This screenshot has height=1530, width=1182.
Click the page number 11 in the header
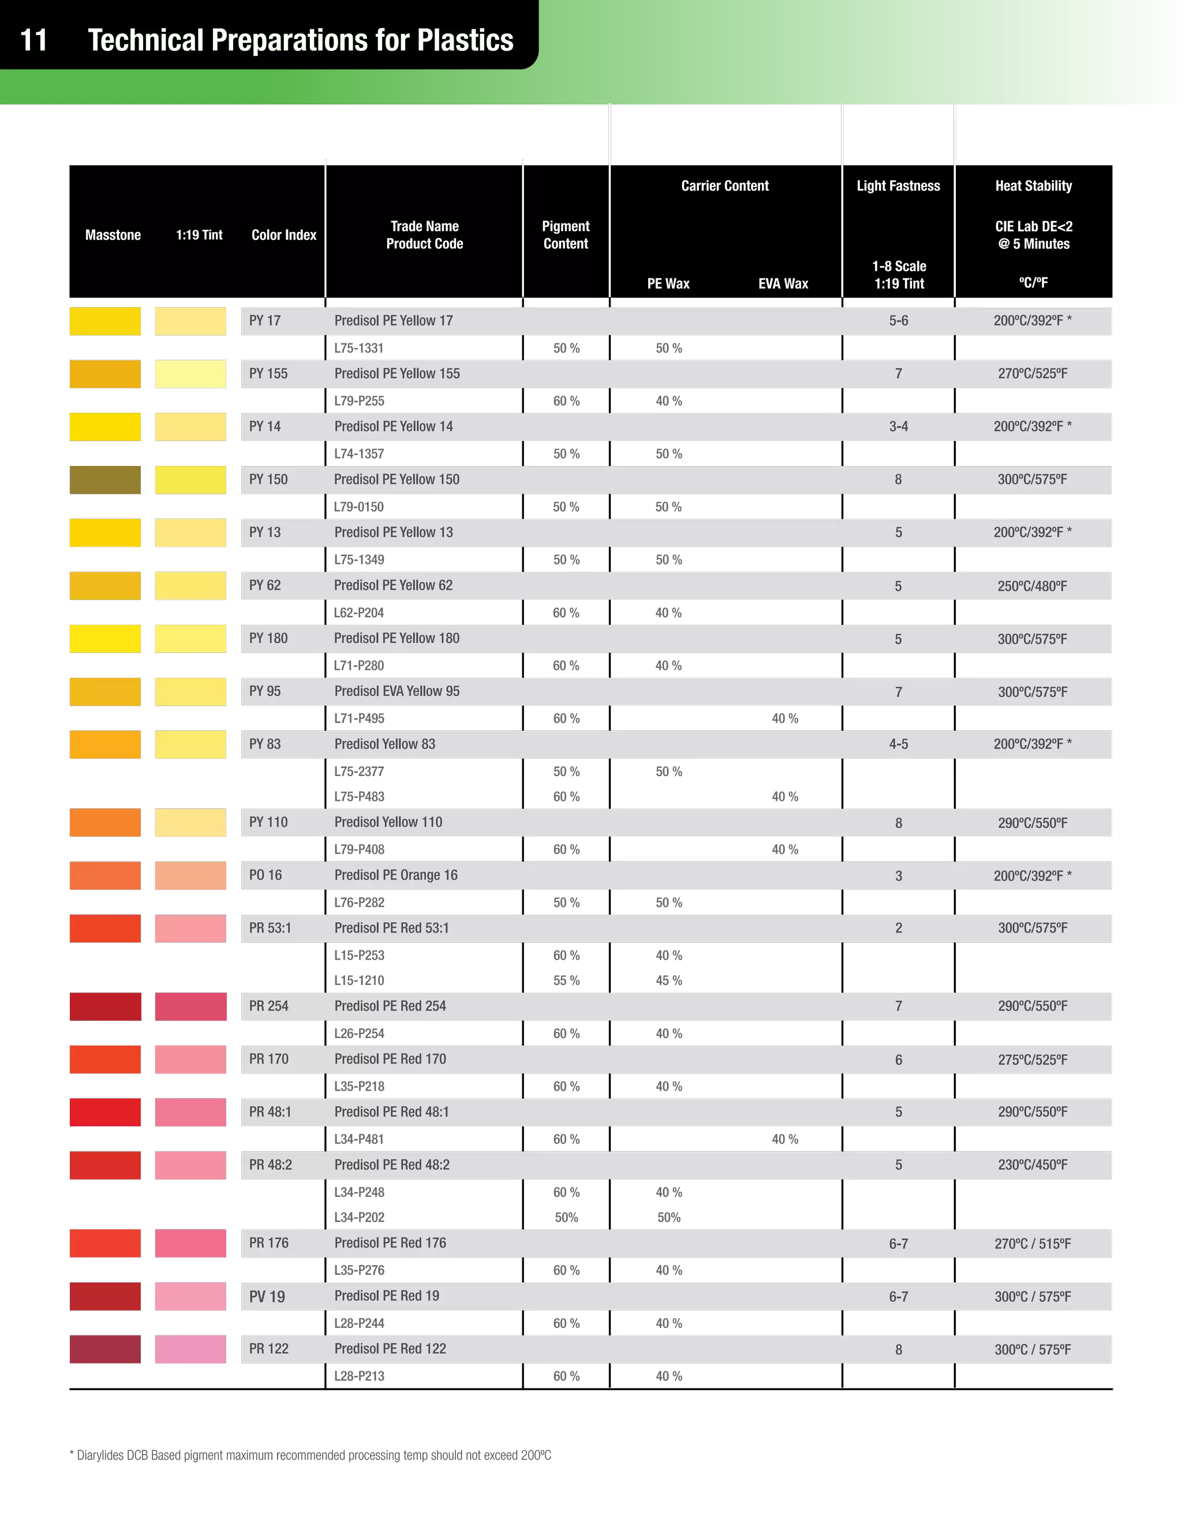pos(33,40)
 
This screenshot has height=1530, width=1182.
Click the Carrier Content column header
pos(725,186)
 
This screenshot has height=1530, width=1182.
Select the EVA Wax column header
pos(783,283)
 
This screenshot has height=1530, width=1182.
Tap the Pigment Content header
pos(566,234)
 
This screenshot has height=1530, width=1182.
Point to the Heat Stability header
pos(1034,186)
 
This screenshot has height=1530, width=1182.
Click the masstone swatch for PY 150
pos(106,479)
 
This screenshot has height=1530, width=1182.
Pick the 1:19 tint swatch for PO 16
pos(190,876)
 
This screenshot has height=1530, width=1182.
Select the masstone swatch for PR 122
pos(106,1349)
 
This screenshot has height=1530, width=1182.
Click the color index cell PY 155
pos(268,374)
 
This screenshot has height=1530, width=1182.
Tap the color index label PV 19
pos(267,1297)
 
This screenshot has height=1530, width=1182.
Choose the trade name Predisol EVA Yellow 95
pos(397,692)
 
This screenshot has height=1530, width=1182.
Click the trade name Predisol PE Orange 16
pos(395,875)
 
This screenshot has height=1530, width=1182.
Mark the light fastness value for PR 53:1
pos(899,928)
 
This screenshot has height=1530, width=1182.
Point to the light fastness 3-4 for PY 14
pos(899,427)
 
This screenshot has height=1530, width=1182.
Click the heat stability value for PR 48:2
pos(1033,1165)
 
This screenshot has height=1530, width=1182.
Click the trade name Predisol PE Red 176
pos(390,1243)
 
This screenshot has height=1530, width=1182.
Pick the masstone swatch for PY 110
pos(106,823)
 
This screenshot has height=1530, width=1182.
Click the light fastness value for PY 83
pos(899,744)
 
